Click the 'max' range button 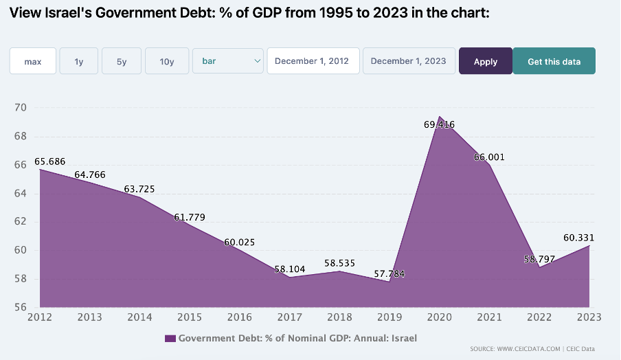coord(32,61)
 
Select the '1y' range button coord(79,61)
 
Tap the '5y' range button coord(122,61)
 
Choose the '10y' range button coord(166,61)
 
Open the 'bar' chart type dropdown coord(228,61)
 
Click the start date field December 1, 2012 coord(313,61)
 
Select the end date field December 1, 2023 coord(408,61)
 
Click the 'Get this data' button coord(554,61)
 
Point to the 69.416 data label coord(439,124)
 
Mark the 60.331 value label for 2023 coord(578,238)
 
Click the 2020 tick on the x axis coord(439,317)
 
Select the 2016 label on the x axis coord(240,317)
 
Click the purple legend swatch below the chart coord(170,338)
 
